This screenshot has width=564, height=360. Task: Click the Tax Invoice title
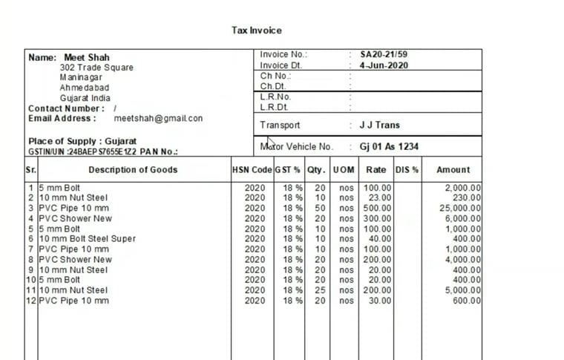pos(257,30)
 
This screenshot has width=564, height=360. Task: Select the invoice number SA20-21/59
pos(383,54)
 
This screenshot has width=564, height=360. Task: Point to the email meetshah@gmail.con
pos(158,118)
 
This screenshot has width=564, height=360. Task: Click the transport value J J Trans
pos(379,125)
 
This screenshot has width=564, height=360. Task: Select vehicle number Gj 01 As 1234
pos(389,147)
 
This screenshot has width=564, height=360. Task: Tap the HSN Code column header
pos(252,170)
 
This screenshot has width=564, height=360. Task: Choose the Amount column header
pos(453,170)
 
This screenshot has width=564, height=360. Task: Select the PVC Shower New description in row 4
pos(75,219)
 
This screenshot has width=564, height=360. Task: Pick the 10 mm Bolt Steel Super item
pos(87,239)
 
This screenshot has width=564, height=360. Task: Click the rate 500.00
pos(377,209)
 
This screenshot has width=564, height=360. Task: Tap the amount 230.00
pos(468,198)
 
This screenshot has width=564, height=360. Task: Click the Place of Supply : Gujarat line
pos(82,141)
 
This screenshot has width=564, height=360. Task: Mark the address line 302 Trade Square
pos(96,68)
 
